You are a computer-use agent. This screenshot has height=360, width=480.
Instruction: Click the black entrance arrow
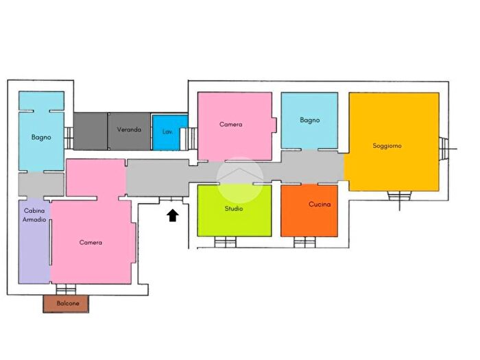(x=173, y=215)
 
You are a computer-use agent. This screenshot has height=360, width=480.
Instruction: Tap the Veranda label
(x=129, y=130)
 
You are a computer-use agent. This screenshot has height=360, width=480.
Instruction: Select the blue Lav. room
(x=170, y=132)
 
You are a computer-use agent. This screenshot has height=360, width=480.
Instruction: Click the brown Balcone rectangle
(x=66, y=304)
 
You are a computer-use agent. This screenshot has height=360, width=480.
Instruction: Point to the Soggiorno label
(x=387, y=145)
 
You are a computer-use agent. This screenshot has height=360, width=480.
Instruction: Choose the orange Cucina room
(x=309, y=211)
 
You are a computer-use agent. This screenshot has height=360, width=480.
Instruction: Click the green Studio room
(x=235, y=211)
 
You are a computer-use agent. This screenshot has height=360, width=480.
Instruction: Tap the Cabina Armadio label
(x=34, y=215)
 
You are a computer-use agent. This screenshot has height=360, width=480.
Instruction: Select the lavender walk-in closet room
(x=34, y=242)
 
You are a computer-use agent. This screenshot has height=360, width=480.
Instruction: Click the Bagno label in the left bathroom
(x=41, y=137)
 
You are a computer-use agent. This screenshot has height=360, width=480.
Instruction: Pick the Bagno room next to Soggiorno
(x=309, y=121)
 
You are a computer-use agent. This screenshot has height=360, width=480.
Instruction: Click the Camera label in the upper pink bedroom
(x=231, y=124)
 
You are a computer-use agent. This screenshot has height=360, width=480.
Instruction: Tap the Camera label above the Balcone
(x=91, y=243)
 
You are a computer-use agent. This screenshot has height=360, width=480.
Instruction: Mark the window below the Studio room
(x=226, y=242)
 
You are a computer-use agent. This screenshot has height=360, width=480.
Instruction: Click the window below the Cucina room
(x=304, y=242)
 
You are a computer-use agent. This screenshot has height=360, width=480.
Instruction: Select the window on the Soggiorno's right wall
(x=444, y=149)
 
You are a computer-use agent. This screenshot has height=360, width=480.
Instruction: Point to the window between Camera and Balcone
(x=66, y=289)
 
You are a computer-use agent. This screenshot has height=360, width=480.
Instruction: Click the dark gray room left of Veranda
(x=91, y=132)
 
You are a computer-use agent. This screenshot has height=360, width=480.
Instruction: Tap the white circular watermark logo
(x=240, y=180)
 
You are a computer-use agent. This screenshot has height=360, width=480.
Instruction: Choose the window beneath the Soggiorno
(x=400, y=195)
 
